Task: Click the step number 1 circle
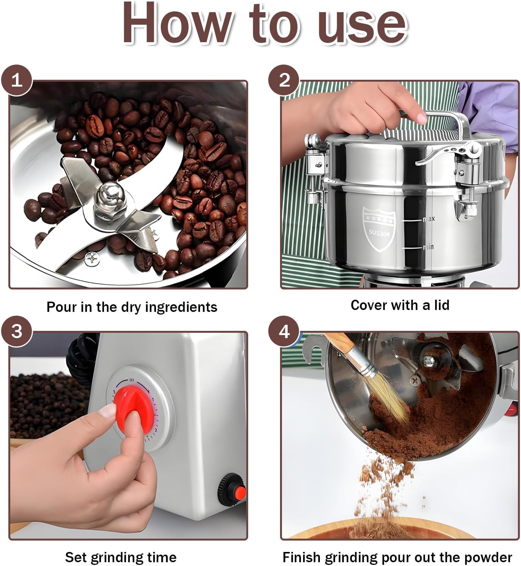[17, 80]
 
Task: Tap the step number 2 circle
[284, 80]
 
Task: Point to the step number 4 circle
[284, 332]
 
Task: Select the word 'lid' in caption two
[442, 305]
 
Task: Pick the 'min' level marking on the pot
[428, 247]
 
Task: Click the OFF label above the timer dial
[132, 379]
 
